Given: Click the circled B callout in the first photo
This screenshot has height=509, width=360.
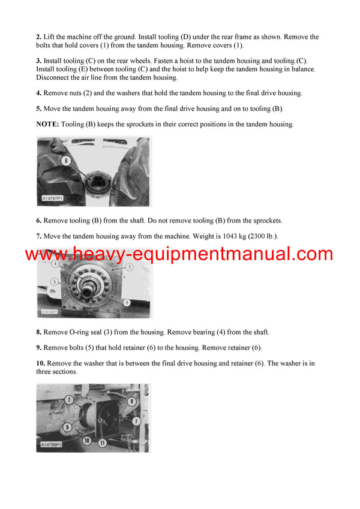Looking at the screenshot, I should click(66, 161).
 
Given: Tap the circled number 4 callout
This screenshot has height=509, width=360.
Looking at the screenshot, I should click(55, 264).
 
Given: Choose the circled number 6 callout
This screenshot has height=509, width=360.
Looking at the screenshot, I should click(127, 303).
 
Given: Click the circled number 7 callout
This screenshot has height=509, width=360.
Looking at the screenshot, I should click(70, 399).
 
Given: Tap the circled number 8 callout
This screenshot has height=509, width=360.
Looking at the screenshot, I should click(131, 400).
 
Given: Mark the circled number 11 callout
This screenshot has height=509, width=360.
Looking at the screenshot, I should click(102, 442).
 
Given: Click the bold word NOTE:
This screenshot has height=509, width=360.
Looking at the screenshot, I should click(49, 124).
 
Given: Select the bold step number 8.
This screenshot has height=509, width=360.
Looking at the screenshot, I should click(38, 332).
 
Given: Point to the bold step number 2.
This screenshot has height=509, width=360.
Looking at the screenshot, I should click(38, 37).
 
